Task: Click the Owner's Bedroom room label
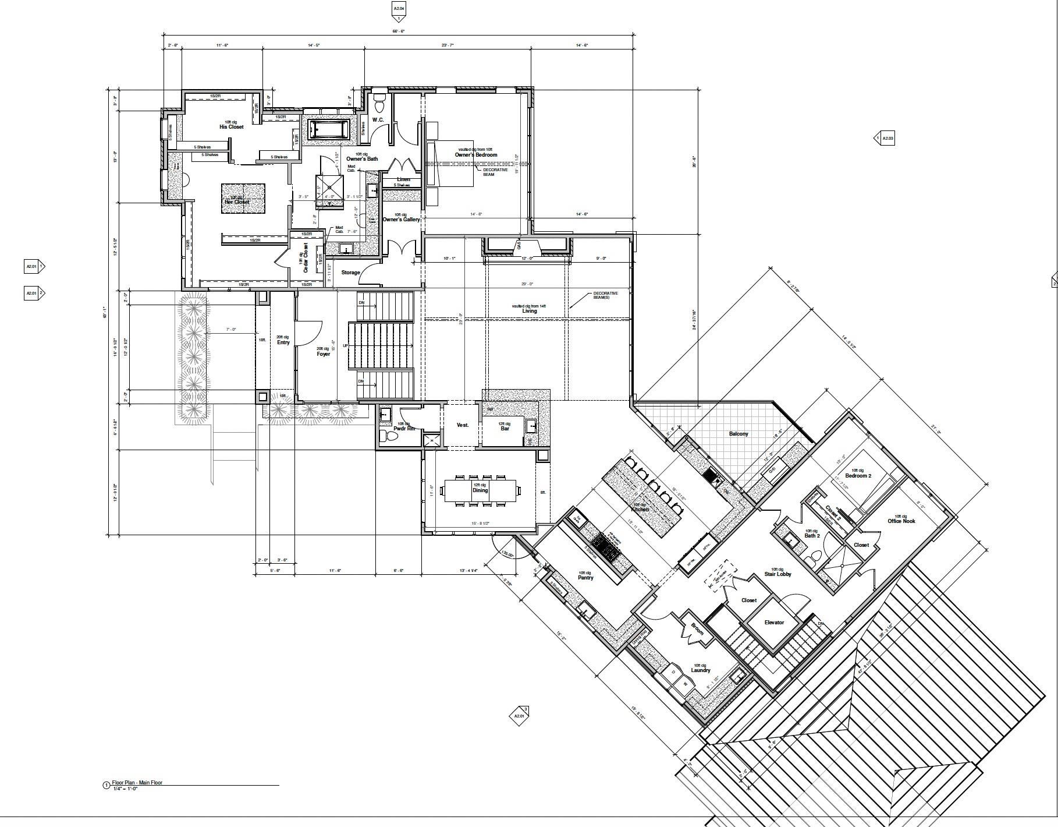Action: (475, 155)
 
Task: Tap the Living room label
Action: (529, 311)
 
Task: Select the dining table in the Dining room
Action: (480, 490)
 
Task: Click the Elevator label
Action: (774, 623)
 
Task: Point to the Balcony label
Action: (739, 434)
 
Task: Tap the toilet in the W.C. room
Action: (379, 105)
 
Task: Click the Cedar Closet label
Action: (305, 259)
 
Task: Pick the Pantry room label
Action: (585, 578)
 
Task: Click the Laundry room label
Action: (700, 670)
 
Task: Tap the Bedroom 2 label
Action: (858, 476)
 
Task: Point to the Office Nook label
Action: (901, 521)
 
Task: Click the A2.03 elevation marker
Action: (885, 139)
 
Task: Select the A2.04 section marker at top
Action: (399, 9)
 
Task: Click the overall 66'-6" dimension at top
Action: (399, 31)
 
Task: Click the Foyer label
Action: (323, 354)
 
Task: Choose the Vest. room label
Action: (462, 425)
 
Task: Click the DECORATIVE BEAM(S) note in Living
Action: (605, 295)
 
